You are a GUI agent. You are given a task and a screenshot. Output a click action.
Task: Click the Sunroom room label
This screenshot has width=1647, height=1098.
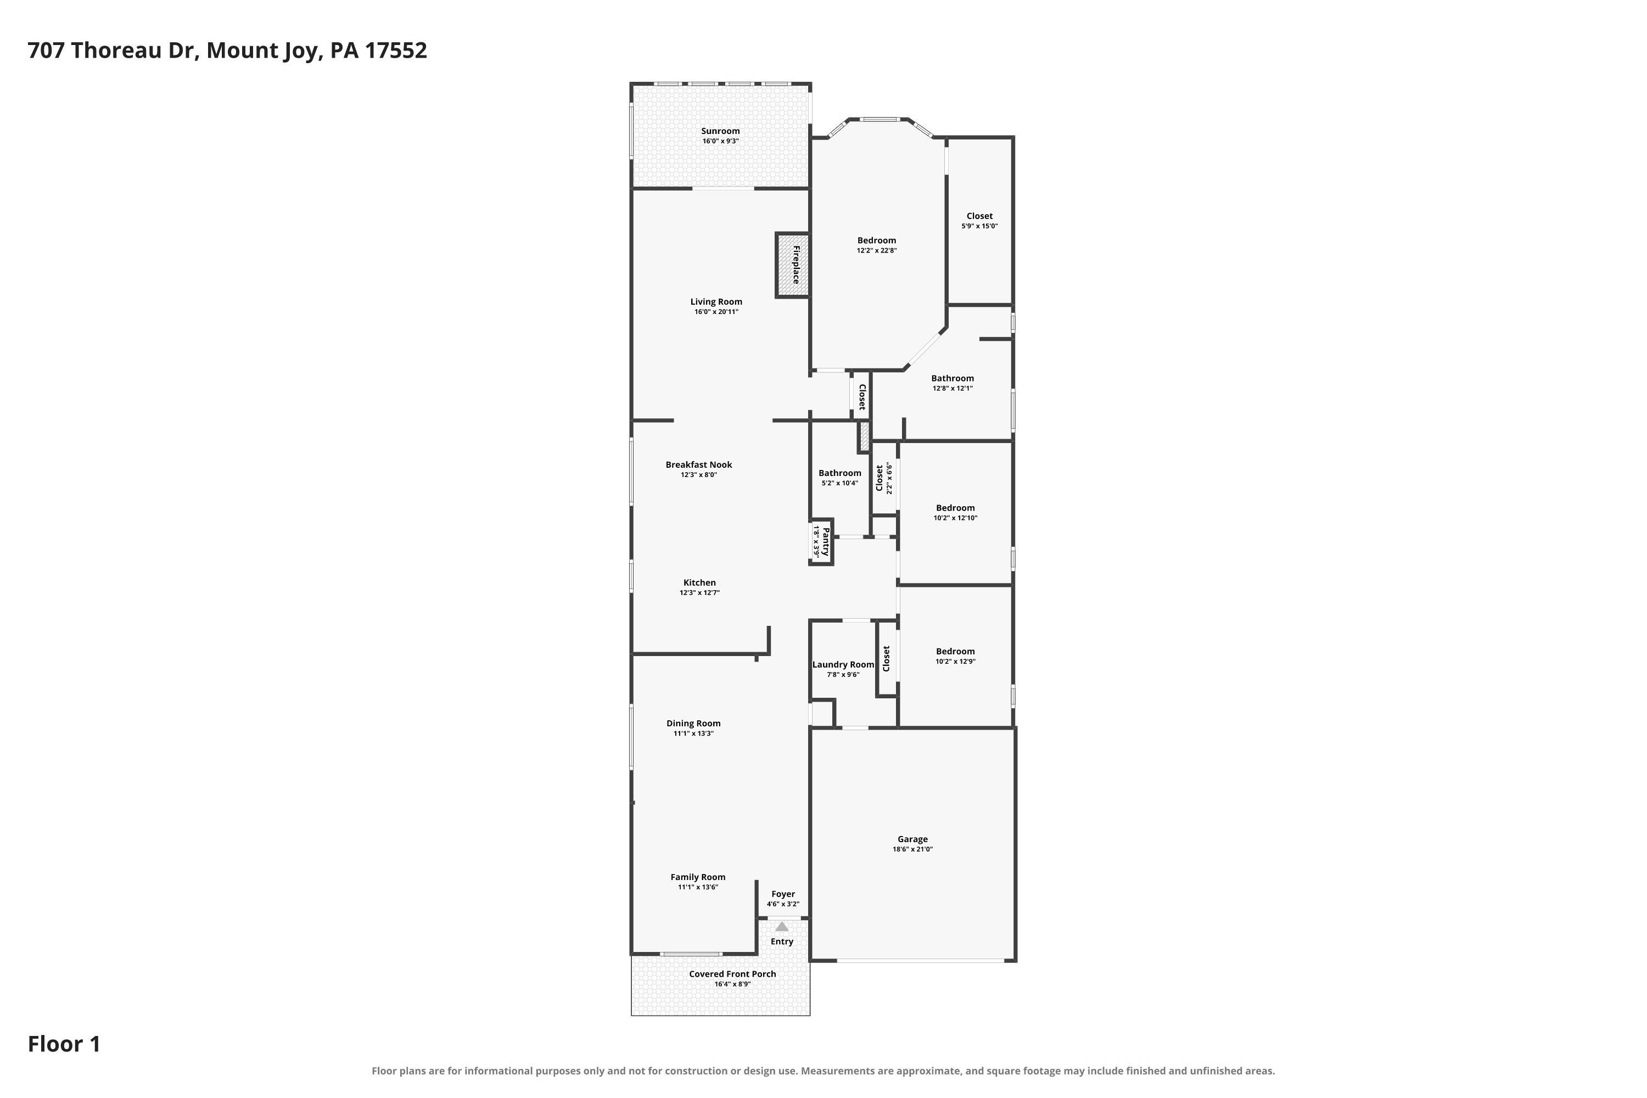pos(720,131)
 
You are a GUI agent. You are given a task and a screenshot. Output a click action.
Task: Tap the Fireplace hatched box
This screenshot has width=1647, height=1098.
pos(793,265)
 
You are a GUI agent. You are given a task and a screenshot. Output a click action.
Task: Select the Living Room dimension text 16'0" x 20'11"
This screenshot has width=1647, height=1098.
pos(716,312)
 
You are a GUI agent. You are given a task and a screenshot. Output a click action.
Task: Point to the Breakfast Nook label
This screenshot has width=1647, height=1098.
pos(699,464)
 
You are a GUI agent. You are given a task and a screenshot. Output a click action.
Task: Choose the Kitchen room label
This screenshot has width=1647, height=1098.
pos(699,582)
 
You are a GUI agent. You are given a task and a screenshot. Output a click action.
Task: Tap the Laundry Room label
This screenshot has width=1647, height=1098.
pos(843,664)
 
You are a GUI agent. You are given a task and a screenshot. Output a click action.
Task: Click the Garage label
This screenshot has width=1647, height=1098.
pos(912,839)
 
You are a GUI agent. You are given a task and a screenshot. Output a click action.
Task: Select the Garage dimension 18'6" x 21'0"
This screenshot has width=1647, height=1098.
pos(912,849)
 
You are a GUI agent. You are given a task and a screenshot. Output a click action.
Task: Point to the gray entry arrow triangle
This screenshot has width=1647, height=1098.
pos(781,927)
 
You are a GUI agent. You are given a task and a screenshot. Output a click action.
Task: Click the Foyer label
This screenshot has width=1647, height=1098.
pos(783,894)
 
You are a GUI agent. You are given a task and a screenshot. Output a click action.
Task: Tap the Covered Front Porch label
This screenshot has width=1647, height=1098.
pos(732,974)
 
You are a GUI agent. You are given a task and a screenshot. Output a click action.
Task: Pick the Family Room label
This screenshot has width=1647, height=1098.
pos(698,877)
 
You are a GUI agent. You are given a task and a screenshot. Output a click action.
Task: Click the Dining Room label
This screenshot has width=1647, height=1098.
pos(693,724)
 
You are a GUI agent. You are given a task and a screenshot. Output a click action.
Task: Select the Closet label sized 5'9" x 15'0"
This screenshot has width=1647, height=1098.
pos(979,216)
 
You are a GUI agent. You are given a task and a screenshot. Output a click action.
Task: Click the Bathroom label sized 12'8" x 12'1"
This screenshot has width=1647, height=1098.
pos(953,378)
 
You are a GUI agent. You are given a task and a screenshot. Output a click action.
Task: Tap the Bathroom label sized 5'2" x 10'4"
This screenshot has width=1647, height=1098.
pos(839,473)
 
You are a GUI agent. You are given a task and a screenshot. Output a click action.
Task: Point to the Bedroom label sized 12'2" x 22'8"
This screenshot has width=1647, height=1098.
pos(877,240)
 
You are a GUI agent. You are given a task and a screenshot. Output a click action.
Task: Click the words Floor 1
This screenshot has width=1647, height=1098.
pos(64,1044)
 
